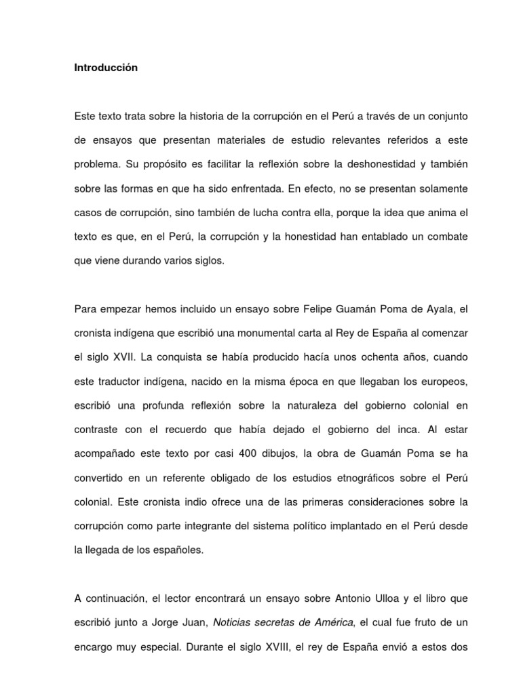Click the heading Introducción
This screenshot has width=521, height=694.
(x=106, y=68)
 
